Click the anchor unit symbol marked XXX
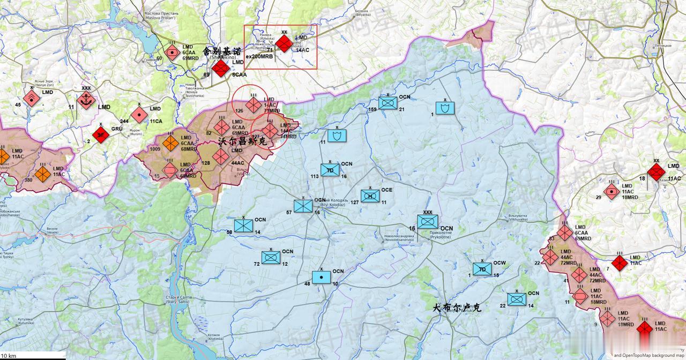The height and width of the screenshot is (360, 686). click(86, 100)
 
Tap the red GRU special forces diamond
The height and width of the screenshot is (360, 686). click(101, 134)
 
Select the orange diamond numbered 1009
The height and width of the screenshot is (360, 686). click(170, 143)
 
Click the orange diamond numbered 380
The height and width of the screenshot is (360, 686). click(42, 173)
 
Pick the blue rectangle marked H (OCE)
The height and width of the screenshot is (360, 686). click(370, 197)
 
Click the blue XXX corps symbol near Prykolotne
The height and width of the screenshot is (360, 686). click(428, 221)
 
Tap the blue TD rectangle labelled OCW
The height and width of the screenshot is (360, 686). click(482, 269)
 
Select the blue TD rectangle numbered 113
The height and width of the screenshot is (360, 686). click(330, 170)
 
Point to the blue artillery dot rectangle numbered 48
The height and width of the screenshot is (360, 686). click(321, 277)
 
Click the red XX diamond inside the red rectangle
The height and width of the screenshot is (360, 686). click(284, 44)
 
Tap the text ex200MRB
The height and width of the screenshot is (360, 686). click(259, 56)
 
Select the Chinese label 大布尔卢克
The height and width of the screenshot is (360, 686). click(457, 308)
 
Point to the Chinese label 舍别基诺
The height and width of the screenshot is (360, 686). click(221, 51)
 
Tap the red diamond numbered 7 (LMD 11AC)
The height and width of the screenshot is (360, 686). click(620, 263)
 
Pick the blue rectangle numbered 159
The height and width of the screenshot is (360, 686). click(387, 103)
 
